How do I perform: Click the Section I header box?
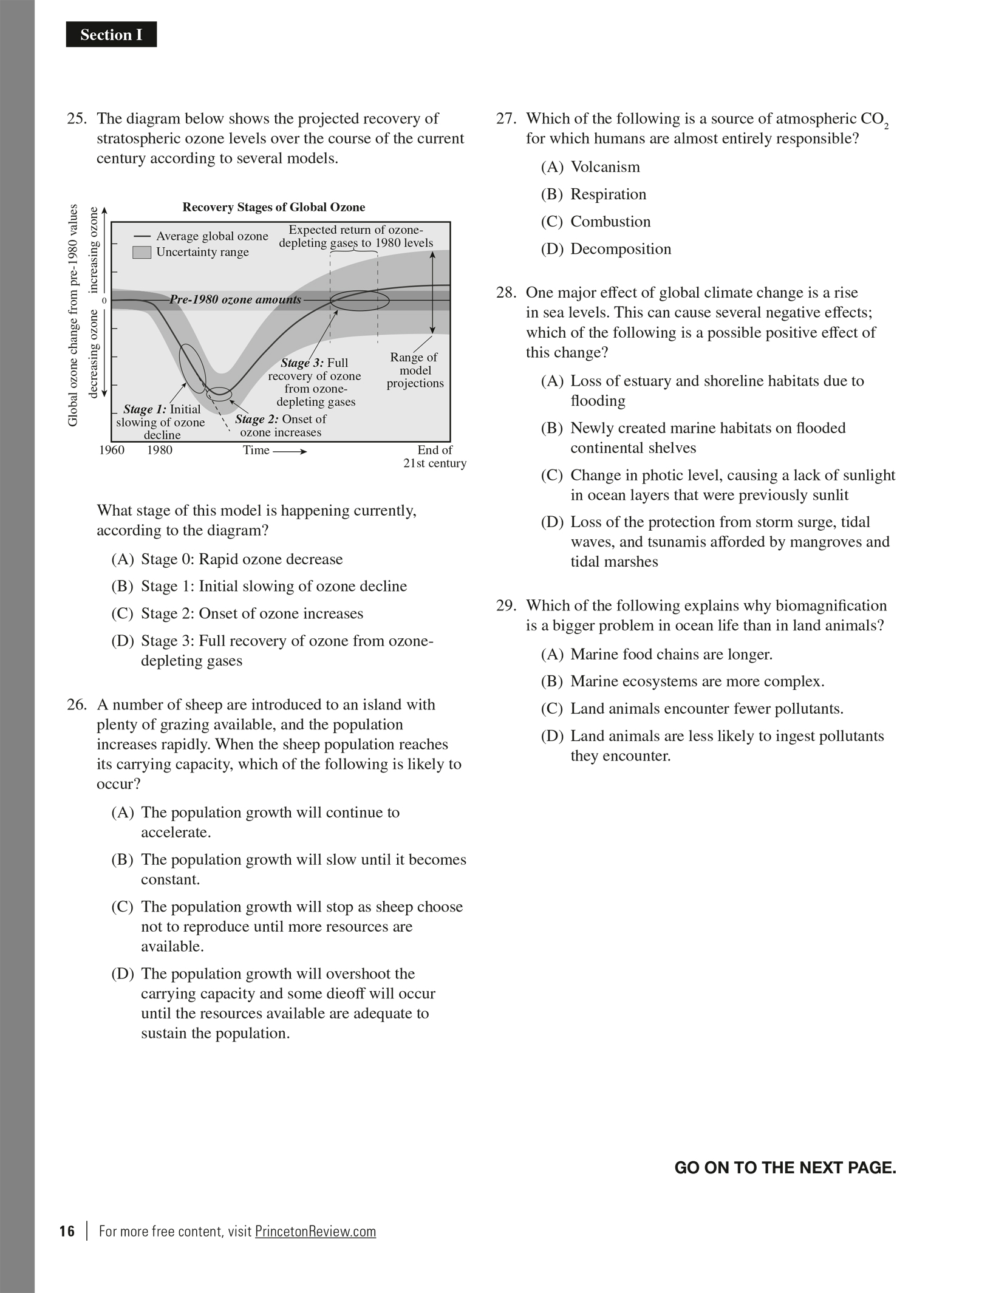pos(111,35)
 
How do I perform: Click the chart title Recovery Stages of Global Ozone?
pos(273,207)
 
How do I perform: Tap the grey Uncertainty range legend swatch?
pos(142,252)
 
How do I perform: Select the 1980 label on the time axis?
pos(160,450)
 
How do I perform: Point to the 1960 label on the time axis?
pos(112,450)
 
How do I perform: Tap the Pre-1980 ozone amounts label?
pos(235,299)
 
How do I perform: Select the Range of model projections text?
pos(415,370)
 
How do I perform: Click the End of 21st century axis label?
pos(435,456)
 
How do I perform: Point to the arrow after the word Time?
pos(290,451)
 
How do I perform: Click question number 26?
pos(77,704)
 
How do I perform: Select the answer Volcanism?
pos(605,167)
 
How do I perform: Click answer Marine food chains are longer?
pos(671,654)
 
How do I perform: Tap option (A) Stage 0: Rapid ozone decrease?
pos(242,559)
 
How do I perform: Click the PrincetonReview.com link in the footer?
pos(315,1231)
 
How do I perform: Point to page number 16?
pos(67,1231)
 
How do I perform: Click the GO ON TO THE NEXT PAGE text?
pos(785,1167)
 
